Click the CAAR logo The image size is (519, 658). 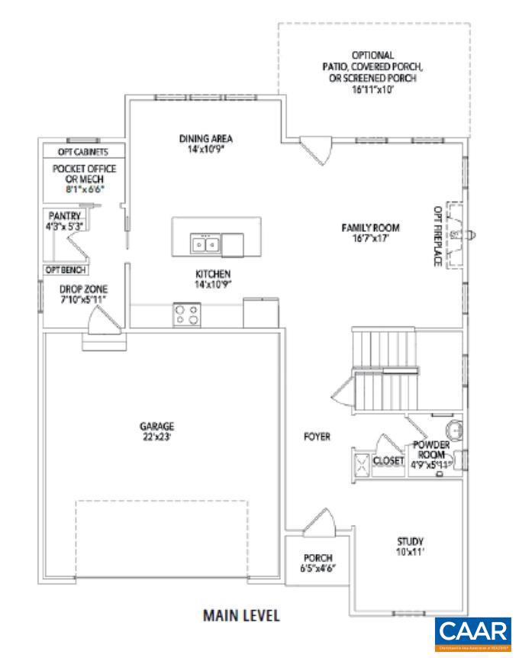(x=473, y=633)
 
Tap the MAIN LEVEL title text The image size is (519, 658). (x=240, y=614)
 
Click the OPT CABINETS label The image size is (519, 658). (x=83, y=151)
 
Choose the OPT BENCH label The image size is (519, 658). (x=65, y=270)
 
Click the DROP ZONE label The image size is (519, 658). (x=83, y=289)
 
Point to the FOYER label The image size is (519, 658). (x=317, y=437)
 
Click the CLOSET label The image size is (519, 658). (x=388, y=460)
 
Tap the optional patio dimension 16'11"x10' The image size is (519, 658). (x=372, y=89)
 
